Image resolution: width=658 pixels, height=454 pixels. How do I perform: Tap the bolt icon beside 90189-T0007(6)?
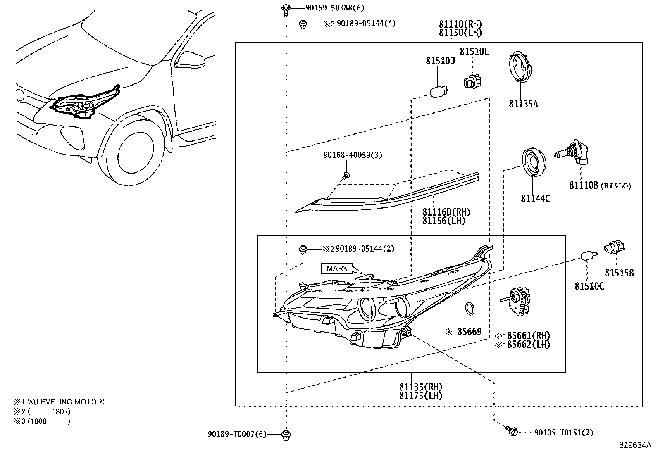point(285,434)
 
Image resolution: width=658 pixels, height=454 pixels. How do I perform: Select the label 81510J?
point(440,61)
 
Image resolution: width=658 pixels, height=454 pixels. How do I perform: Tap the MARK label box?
point(337,269)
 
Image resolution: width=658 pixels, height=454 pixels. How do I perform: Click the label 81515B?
point(619,273)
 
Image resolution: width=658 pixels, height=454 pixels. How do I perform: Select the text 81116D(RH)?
point(446,212)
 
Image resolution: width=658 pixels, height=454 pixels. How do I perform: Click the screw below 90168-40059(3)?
point(346,175)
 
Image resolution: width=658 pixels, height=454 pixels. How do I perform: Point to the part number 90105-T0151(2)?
point(563,433)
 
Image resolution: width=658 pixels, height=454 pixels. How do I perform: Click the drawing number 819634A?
point(635,445)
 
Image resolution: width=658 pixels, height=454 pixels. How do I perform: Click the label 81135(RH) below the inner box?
point(420,387)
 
